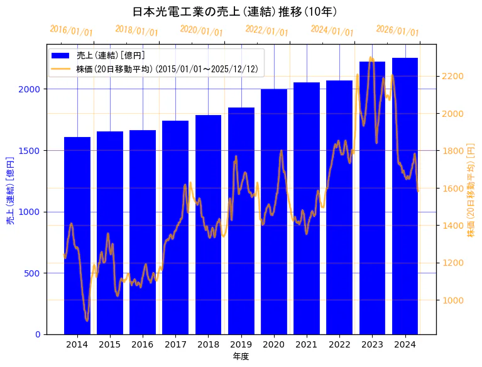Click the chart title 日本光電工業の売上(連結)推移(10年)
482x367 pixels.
235,12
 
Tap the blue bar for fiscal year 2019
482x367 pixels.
241,221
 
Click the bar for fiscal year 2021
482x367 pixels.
307,208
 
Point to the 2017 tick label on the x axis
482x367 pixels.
175,344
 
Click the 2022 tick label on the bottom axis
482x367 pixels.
339,344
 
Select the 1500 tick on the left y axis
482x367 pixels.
31,151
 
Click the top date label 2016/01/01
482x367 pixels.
71,31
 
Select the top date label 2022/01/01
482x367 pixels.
266,31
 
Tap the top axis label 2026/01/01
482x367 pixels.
397,31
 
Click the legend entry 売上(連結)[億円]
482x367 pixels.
110,55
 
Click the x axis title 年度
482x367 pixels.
241,356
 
